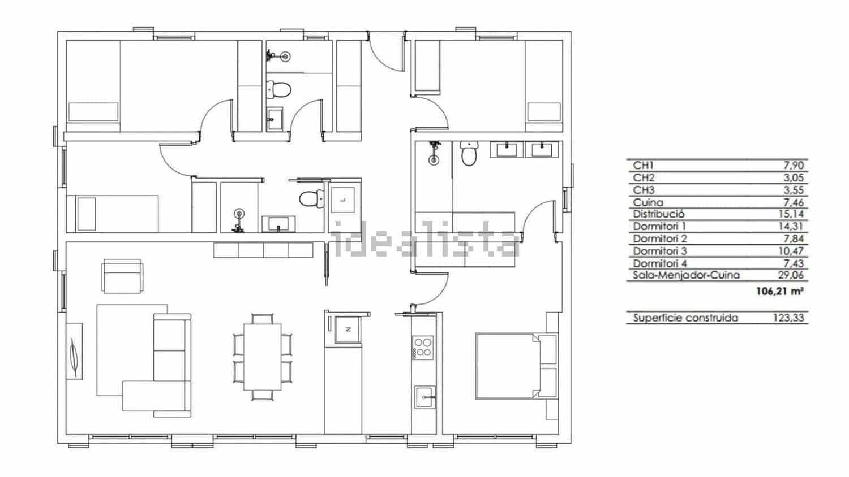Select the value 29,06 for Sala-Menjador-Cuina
pyautogui.click(x=792, y=275)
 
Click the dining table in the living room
pyautogui.click(x=262, y=357)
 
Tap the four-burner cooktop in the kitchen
pyautogui.click(x=423, y=347)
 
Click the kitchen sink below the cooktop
pyautogui.click(x=424, y=396)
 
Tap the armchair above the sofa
pyautogui.click(x=122, y=275)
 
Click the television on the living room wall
pyautogui.click(x=75, y=351)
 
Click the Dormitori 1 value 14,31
pyautogui.click(x=792, y=226)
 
